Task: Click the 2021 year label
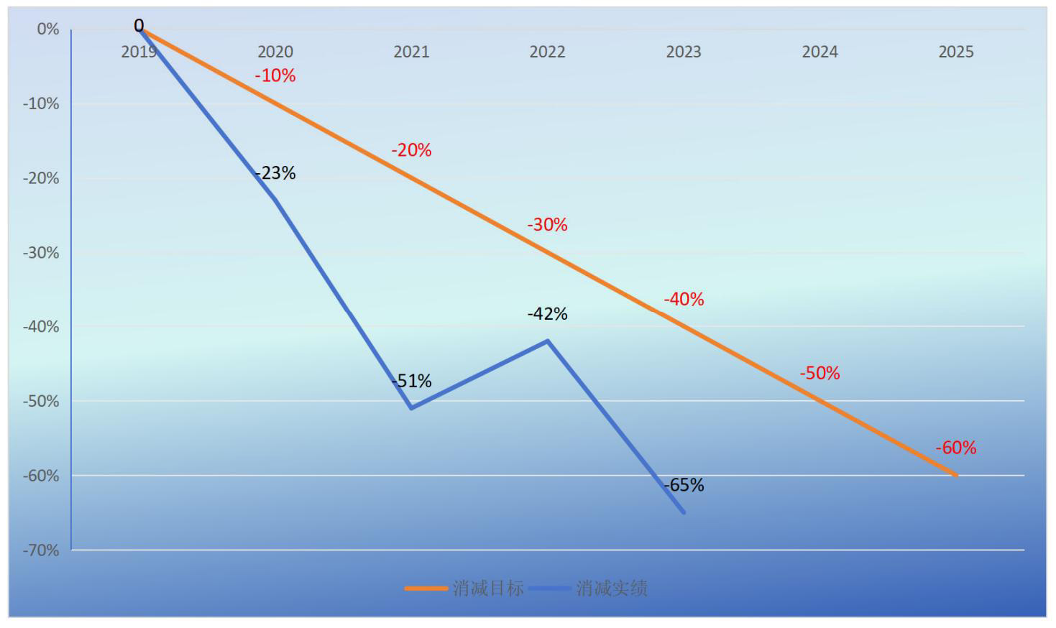tap(411, 52)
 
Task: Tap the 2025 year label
tap(956, 52)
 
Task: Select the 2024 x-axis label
tap(819, 52)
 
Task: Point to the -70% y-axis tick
tap(41, 550)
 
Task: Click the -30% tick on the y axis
tap(41, 253)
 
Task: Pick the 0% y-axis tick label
tap(47, 29)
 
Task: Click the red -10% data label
tap(275, 75)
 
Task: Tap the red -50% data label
tap(819, 373)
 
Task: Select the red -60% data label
tap(956, 448)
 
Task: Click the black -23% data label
tap(275, 173)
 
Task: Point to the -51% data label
tap(412, 381)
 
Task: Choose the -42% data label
tap(548, 314)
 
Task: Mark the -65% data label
tap(684, 485)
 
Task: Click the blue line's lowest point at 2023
tap(684, 512)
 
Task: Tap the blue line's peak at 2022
tap(548, 341)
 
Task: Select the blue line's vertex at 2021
tap(411, 408)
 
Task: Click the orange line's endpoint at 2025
tap(956, 475)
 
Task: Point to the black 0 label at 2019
tap(139, 26)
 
